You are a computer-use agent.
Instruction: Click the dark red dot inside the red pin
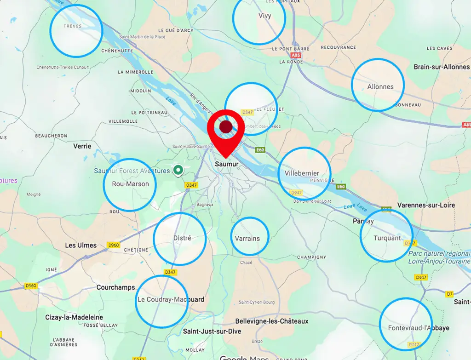[225, 127]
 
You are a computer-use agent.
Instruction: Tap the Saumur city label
[225, 163]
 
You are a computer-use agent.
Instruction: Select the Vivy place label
[265, 16]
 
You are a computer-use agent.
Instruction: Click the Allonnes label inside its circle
[380, 86]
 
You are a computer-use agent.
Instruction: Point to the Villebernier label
[302, 173]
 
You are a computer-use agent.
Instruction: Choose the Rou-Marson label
[131, 184]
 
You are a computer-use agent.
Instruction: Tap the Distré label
[182, 238]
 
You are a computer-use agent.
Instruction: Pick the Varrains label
[247, 238]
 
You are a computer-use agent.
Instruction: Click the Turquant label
[387, 238]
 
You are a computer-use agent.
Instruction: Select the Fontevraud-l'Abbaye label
[419, 328]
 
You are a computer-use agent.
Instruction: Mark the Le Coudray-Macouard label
[171, 300]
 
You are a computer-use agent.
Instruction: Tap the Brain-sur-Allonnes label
[442, 67]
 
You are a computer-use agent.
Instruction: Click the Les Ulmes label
[81, 245]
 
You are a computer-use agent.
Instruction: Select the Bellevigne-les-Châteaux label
[271, 321]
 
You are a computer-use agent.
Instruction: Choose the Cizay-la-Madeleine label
[74, 317]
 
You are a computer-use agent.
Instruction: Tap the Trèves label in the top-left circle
[73, 26]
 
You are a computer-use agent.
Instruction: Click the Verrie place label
[82, 146]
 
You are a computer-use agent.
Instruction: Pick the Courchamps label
[115, 287]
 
